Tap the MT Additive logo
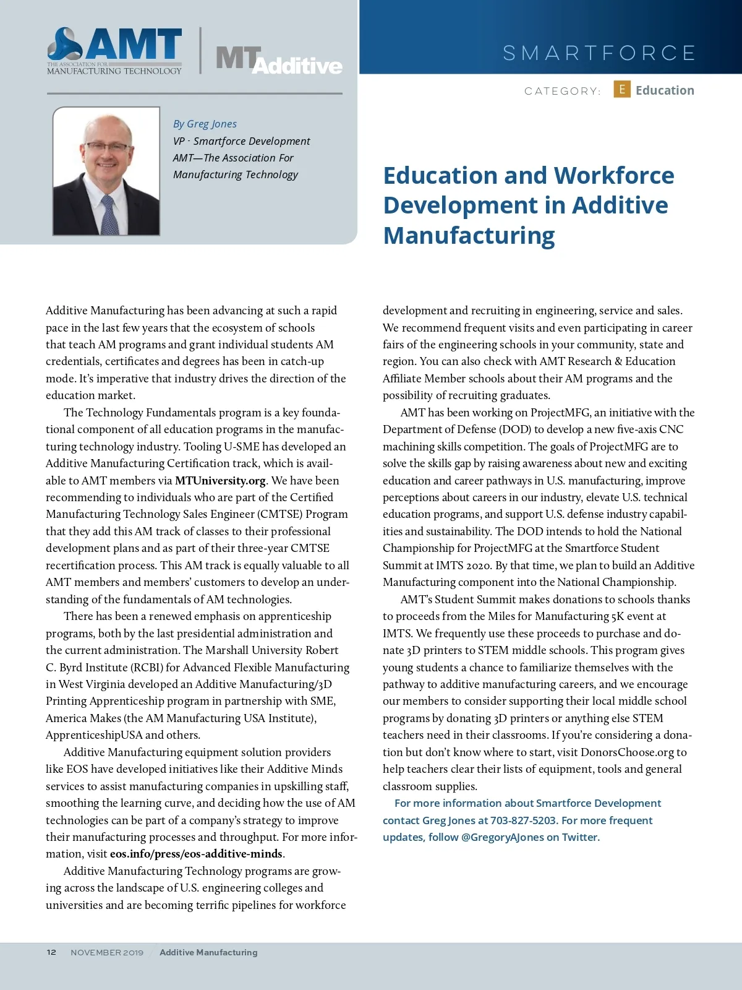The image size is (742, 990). coord(278,61)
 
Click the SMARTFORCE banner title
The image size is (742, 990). coord(599,53)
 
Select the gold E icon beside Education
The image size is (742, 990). coord(621,90)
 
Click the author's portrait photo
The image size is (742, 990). coord(106,171)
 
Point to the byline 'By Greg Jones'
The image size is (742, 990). coord(205,124)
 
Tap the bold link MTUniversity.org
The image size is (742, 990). coord(220,481)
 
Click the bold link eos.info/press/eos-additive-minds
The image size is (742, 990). coord(196,854)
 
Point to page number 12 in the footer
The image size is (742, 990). coord(51,952)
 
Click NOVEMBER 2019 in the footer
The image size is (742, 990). coord(107,953)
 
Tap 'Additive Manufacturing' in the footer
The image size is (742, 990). coord(208,953)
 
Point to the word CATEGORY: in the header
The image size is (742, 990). coord(562,92)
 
